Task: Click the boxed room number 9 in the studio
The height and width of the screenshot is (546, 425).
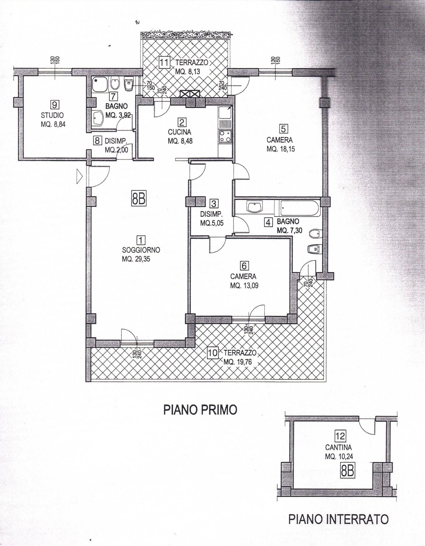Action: (55, 104)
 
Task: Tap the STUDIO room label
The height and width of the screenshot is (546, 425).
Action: (52, 115)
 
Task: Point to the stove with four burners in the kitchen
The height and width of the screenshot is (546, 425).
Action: (225, 136)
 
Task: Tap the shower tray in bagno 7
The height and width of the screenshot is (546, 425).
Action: (99, 84)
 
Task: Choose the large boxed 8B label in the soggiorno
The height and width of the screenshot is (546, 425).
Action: (138, 199)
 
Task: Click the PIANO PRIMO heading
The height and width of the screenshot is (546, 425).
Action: (200, 410)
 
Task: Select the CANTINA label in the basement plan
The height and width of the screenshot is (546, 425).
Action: (339, 447)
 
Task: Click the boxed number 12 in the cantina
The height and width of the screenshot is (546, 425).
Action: (340, 436)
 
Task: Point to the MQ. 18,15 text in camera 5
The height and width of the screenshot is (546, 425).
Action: (280, 149)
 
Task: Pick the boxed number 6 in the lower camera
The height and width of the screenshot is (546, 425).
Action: (244, 266)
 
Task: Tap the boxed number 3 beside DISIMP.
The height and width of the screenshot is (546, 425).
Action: (214, 204)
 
